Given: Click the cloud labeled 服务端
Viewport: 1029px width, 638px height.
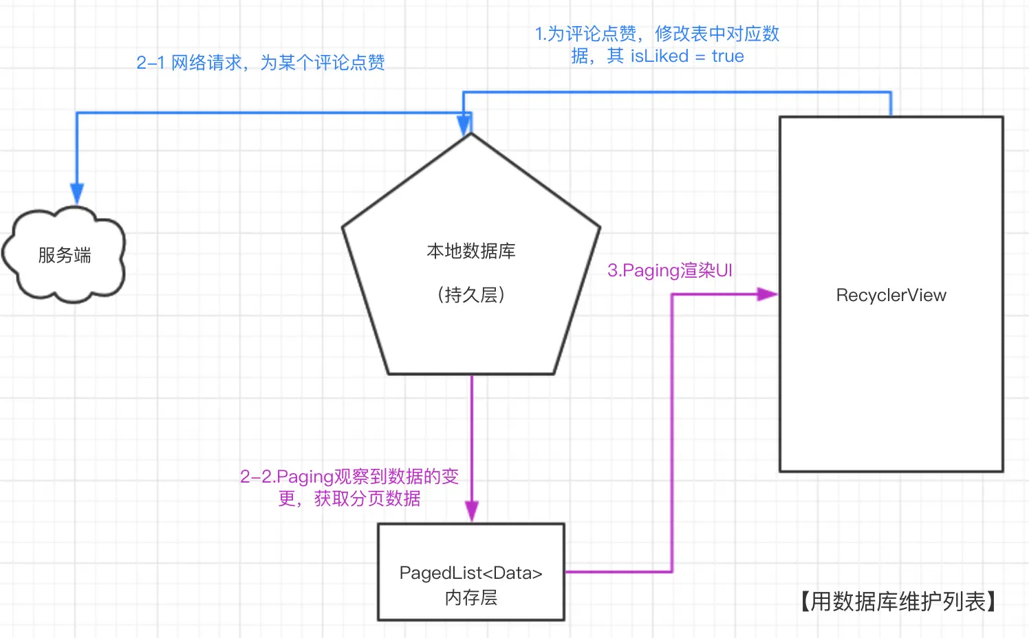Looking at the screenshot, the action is [x=64, y=255].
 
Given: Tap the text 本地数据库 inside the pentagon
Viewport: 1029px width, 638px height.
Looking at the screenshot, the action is [x=471, y=251].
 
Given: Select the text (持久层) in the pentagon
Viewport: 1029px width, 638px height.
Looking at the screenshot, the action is [x=471, y=295].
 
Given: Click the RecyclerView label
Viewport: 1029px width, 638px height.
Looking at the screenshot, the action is [x=891, y=295].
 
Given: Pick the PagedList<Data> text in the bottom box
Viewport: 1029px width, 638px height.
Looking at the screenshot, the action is [x=471, y=573].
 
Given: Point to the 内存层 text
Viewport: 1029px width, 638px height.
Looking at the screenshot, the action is [x=471, y=597].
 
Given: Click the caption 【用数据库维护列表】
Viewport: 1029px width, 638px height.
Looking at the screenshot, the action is [x=898, y=602].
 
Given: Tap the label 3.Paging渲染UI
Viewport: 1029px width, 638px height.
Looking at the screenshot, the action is [x=670, y=270].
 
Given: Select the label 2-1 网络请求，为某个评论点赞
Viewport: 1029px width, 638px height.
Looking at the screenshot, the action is [x=261, y=63].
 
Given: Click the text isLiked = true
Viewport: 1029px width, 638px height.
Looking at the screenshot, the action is [x=687, y=56].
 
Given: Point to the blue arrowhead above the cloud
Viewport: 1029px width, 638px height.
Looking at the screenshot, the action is [x=77, y=192].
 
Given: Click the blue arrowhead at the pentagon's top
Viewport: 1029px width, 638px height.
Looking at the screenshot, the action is [x=464, y=124].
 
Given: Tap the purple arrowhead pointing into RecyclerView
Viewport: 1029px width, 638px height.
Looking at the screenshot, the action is [x=767, y=294].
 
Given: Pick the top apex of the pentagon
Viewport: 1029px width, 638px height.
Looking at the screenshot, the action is [x=471, y=133].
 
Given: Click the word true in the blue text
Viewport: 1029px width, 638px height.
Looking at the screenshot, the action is [x=728, y=56].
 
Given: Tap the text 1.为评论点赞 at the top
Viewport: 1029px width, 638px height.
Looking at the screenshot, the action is [x=586, y=34].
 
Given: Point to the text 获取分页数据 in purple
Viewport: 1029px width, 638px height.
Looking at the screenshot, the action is [x=367, y=498].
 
